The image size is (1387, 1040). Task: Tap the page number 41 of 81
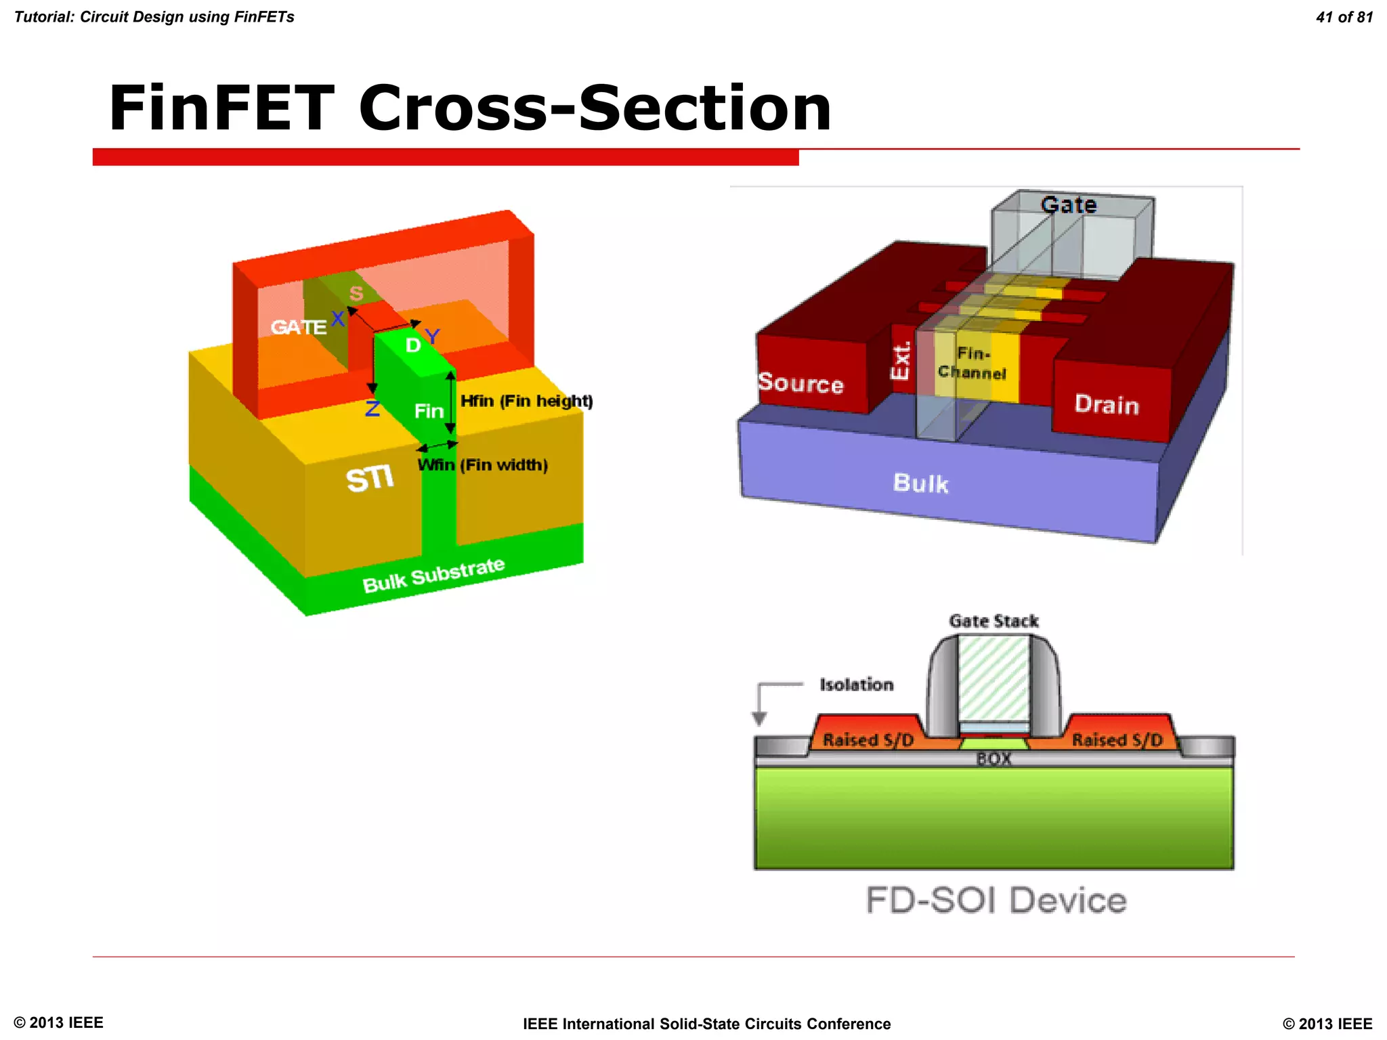1344,18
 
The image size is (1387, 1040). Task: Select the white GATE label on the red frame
298,328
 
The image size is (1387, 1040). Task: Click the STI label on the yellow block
370,479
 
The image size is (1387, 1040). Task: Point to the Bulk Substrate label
433,575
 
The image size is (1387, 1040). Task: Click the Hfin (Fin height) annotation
526,402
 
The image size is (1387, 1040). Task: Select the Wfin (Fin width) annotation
482,465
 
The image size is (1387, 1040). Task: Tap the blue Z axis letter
372,408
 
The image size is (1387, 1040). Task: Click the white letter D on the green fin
412,345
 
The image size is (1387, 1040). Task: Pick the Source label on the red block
801,383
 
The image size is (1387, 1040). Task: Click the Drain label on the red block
1107,405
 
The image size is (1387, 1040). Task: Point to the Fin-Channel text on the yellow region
973,364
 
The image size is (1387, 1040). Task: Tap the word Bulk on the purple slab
920,483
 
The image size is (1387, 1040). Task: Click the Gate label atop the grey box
1069,204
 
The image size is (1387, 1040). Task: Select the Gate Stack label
994,621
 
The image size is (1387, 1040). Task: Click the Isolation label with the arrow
856,685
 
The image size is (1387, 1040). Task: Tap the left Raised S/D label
868,740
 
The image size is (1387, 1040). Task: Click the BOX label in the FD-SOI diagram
994,759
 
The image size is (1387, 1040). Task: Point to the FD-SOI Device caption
996,901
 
